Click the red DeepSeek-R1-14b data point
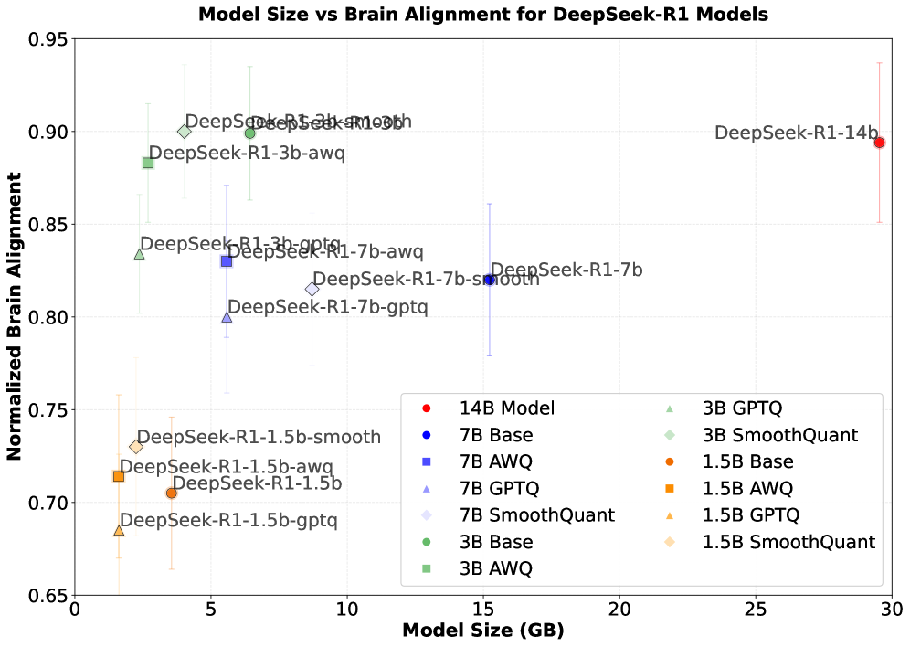point(879,143)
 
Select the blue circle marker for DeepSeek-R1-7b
point(490,280)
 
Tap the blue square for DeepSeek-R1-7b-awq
point(227,261)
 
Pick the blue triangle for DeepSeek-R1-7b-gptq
point(227,317)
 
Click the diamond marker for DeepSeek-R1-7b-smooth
point(312,289)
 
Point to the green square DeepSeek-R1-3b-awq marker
point(148,163)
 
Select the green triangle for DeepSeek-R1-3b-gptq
point(140,254)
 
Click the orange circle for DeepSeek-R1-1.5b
point(171,493)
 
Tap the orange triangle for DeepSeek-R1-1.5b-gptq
point(119,530)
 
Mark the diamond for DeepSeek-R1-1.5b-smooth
point(136,447)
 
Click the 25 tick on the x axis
point(756,609)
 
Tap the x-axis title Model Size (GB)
point(482,631)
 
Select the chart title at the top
point(482,14)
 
